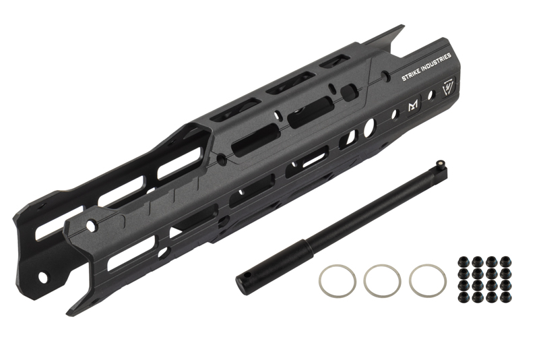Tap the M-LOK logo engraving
(413, 107)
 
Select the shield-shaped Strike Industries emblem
(448, 86)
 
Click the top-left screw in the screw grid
(463, 262)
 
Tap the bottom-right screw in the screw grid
(505, 297)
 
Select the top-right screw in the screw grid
(505, 261)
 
